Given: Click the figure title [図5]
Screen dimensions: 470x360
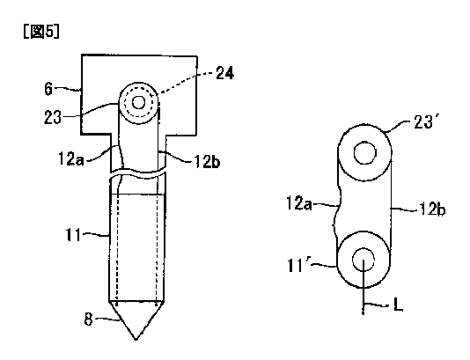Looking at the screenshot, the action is pyautogui.click(x=41, y=31).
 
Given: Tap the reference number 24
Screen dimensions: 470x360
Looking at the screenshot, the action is pyautogui.click(x=224, y=73).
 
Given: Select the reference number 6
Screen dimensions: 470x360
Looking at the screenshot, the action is pyautogui.click(x=48, y=89).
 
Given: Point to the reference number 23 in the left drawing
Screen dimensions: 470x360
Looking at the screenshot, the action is pyautogui.click(x=53, y=117).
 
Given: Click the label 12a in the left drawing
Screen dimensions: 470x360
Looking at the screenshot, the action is pyautogui.click(x=70, y=158).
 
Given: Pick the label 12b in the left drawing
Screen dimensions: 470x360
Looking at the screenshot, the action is pyautogui.click(x=207, y=162).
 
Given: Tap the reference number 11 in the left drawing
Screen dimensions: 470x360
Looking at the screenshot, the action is pyautogui.click(x=73, y=235).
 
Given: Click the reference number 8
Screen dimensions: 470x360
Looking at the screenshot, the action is pyautogui.click(x=88, y=320).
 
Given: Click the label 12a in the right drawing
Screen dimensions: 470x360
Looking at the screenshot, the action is pyautogui.click(x=299, y=203).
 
